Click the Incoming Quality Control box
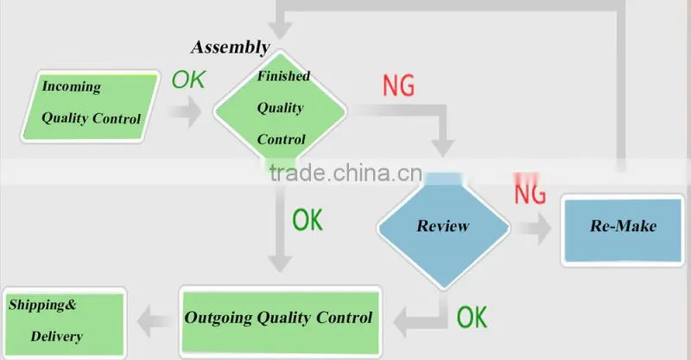91,106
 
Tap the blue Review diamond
443,226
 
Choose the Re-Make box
623,230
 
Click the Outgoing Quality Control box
280,322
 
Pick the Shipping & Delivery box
64,323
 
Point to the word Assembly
231,47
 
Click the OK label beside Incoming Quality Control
188,79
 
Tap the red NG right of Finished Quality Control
398,85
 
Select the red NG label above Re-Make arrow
530,189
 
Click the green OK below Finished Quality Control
307,219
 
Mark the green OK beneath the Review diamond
472,317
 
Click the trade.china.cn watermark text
346,173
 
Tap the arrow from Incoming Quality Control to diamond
186,112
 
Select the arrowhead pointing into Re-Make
542,228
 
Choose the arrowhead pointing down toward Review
442,148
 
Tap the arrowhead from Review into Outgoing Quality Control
401,323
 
